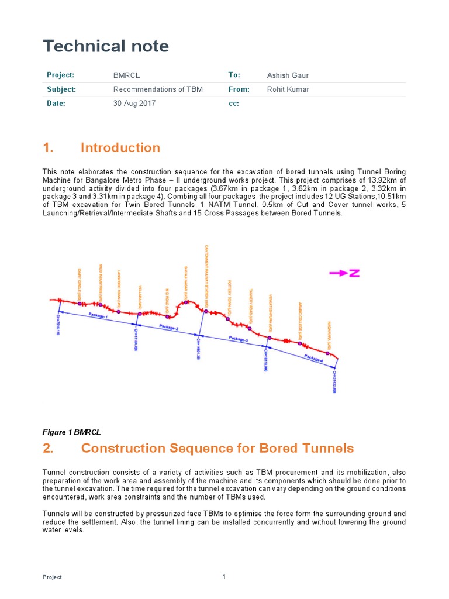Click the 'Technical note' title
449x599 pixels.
[x=106, y=46]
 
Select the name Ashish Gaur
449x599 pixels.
[x=288, y=75]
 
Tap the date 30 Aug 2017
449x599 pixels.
[x=134, y=104]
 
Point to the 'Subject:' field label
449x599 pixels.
[x=61, y=89]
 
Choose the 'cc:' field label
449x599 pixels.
[x=233, y=104]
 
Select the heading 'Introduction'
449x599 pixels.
[x=120, y=147]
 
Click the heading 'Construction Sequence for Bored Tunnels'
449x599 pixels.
[x=217, y=448]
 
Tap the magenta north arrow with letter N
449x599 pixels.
[x=346, y=273]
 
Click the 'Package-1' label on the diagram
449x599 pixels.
[x=98, y=316]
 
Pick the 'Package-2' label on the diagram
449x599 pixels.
[x=168, y=328]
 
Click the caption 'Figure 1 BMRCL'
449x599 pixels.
[x=72, y=432]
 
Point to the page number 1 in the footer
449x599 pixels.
[x=224, y=577]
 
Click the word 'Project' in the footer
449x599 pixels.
[x=52, y=577]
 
